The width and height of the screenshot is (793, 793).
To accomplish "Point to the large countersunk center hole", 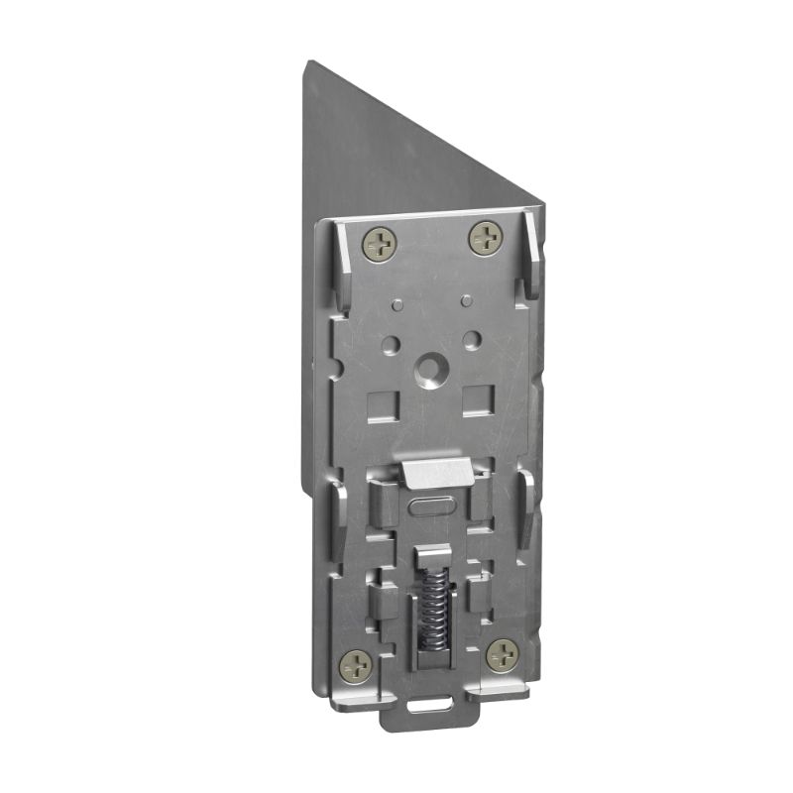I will [430, 370].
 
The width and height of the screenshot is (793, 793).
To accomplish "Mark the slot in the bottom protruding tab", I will [428, 706].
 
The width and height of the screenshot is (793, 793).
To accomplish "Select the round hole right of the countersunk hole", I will [472, 339].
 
